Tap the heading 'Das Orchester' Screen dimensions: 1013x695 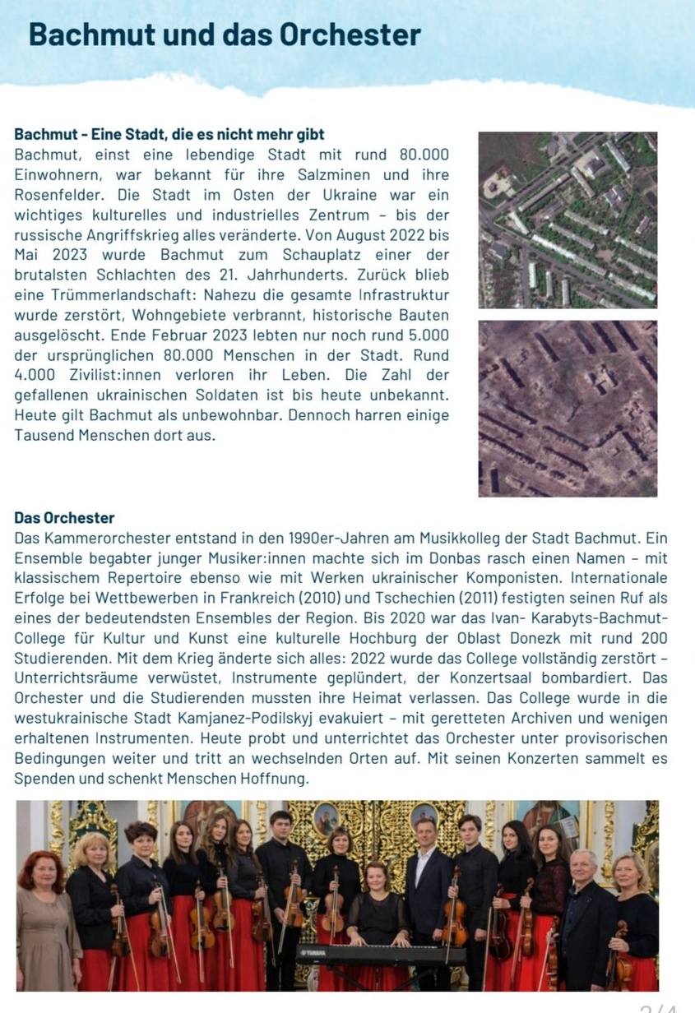click(64, 518)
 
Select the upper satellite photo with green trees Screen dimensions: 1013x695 click(568, 220)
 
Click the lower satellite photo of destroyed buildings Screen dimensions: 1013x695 click(568, 409)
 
